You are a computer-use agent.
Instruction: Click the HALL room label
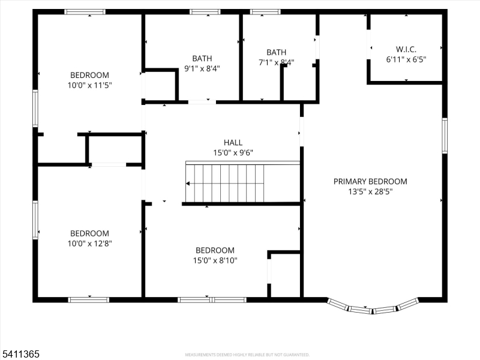[x=233, y=142]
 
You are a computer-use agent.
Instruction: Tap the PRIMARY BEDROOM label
[x=370, y=181]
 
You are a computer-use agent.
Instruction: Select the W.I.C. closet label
[x=406, y=49]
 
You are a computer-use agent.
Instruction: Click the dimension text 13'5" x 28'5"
[x=370, y=191]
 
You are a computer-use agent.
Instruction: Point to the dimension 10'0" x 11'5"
[x=90, y=85]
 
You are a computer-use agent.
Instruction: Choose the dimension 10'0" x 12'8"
[x=90, y=244]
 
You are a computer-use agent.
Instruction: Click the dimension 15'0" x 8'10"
[x=215, y=260]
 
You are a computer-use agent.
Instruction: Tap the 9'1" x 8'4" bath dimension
[x=202, y=68]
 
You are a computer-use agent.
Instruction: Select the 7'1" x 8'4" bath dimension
[x=277, y=62]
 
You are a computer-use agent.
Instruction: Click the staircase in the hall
[x=225, y=184]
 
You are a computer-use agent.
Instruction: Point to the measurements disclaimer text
[x=247, y=355]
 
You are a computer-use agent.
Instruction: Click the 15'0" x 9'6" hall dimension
[x=233, y=152]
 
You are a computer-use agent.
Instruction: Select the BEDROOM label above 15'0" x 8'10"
[x=215, y=250]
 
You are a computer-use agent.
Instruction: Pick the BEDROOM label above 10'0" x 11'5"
[x=90, y=75]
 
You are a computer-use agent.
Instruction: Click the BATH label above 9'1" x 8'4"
[x=202, y=58]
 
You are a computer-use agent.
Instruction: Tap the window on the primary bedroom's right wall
[x=445, y=136]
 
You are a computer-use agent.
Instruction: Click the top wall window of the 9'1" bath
[x=205, y=11]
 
